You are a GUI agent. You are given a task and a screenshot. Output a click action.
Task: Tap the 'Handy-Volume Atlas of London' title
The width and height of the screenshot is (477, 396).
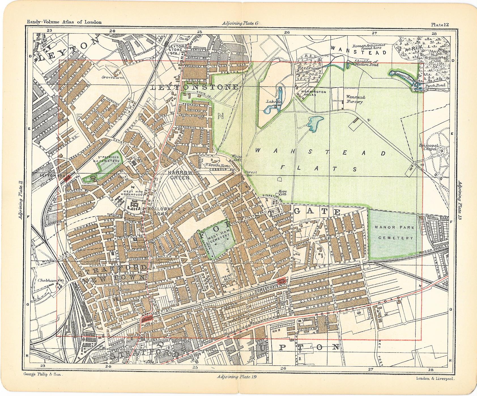64,22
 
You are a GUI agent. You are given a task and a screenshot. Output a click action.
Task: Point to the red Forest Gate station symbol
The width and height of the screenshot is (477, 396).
282,281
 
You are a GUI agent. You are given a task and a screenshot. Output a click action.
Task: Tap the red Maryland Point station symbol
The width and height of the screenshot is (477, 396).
147,319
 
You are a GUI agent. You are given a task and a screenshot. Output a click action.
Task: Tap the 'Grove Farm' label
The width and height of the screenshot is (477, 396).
112,77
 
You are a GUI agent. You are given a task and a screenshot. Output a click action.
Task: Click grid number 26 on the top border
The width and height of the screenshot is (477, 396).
287,33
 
